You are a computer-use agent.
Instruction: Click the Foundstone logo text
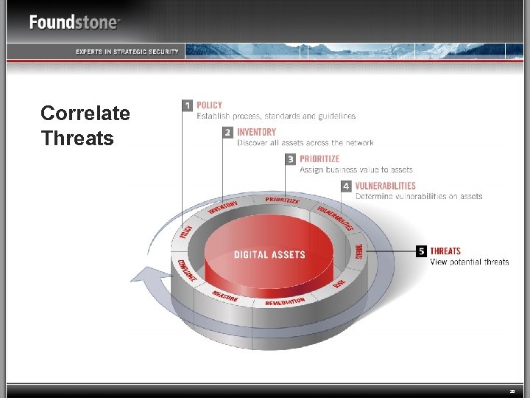click(x=74, y=21)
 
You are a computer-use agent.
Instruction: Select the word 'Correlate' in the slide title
click(x=85, y=114)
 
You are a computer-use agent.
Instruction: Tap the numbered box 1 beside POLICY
click(x=188, y=105)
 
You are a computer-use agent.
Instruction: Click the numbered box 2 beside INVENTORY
click(x=228, y=133)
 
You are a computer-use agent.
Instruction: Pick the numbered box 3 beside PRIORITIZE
click(x=291, y=159)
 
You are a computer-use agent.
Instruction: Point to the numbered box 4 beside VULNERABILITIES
click(x=346, y=186)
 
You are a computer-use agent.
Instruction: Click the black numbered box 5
click(x=421, y=251)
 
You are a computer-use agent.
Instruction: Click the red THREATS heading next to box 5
click(x=445, y=251)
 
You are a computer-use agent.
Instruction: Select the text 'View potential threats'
click(x=469, y=262)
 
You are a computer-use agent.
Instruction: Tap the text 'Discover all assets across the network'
click(x=305, y=143)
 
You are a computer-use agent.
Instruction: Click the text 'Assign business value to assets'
click(x=356, y=170)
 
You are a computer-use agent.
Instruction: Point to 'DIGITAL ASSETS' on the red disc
click(x=269, y=255)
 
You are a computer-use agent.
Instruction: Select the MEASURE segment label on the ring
click(x=225, y=295)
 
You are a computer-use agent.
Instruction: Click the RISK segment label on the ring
click(x=339, y=282)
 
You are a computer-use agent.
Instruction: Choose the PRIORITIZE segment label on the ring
click(x=282, y=200)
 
